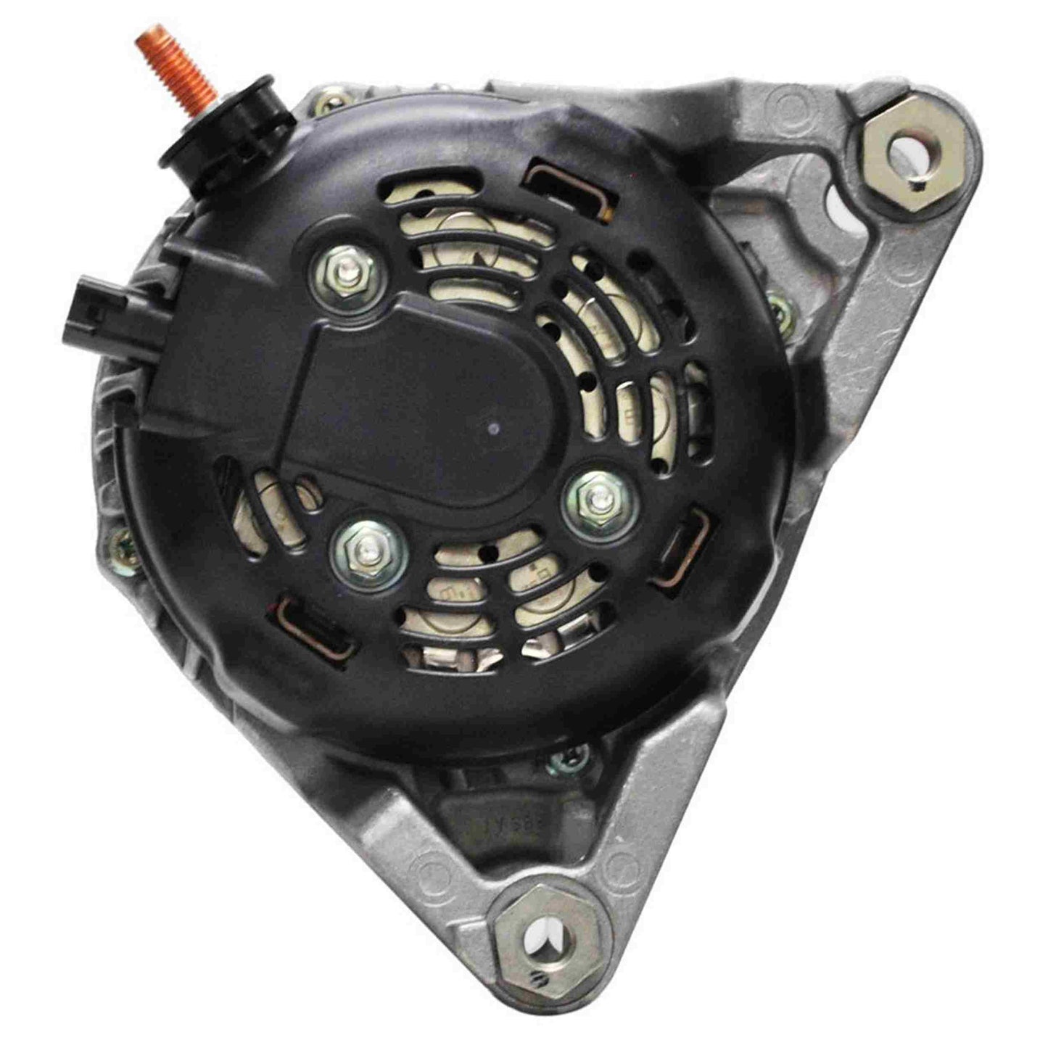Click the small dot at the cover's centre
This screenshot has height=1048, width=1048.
pos(495,428)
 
